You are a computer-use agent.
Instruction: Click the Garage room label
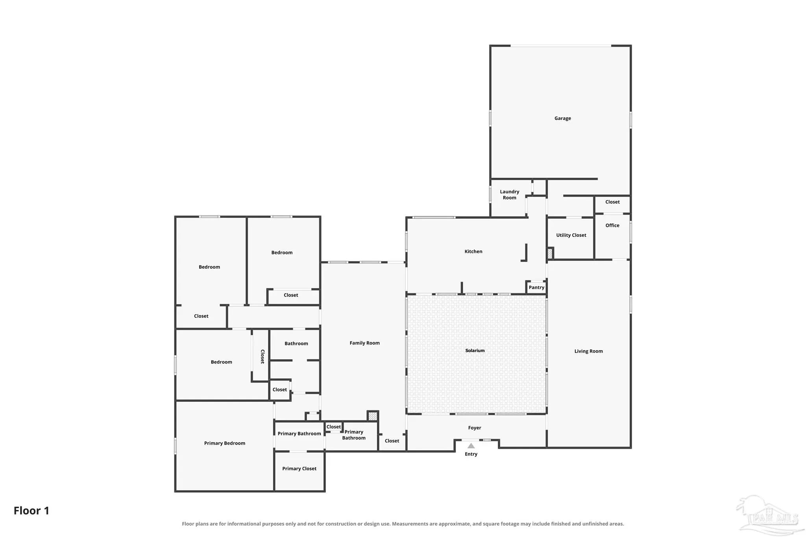pos(562,118)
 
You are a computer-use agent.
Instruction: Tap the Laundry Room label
pos(509,195)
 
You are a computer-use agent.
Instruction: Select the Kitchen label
pos(473,251)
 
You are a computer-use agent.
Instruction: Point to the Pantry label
pos(536,288)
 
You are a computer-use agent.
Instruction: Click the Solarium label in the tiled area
pos(475,351)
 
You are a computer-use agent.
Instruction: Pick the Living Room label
pos(588,351)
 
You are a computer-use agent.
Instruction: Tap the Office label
pos(612,225)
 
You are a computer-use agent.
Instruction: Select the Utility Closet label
pos(571,235)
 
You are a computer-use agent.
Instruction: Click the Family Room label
pos(364,343)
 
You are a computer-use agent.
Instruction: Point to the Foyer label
pos(475,428)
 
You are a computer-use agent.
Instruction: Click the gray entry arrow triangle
pos(471,446)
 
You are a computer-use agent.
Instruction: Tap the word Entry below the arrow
pos(471,454)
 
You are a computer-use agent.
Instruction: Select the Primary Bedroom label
pos(224,443)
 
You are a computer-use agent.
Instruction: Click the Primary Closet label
pos(299,469)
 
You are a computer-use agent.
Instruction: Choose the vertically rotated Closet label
pos(263,356)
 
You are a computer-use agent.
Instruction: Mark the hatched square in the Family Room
pos(373,416)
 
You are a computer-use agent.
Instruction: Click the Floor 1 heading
pos(31,511)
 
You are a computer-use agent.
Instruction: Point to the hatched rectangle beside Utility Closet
pos(550,253)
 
